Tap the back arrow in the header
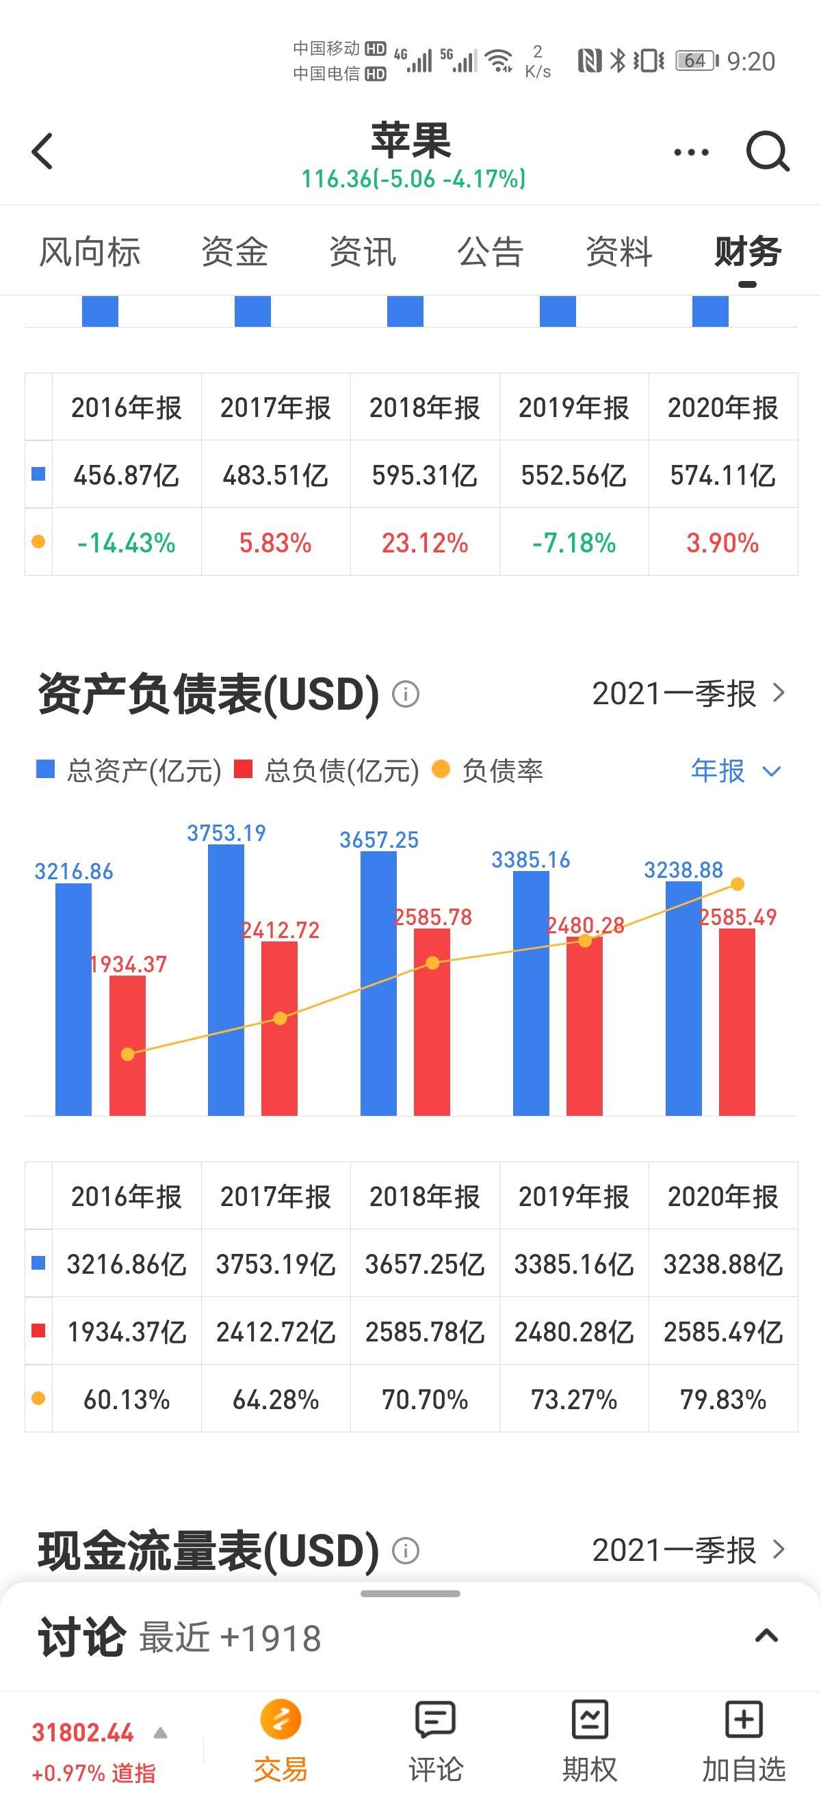(42, 150)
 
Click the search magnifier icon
(767, 150)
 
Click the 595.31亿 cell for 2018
(424, 476)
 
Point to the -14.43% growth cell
(126, 543)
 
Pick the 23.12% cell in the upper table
(424, 543)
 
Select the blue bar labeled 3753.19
(226, 981)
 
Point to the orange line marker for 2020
(737, 884)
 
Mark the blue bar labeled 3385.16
(531, 995)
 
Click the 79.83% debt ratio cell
(723, 1400)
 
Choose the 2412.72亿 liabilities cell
(276, 1332)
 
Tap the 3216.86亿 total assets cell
(126, 1265)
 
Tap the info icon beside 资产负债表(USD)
(405, 695)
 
